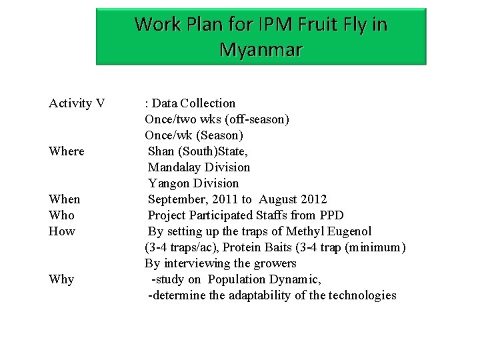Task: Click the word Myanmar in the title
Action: tap(261, 49)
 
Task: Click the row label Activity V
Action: tap(77, 103)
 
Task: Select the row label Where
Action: tap(67, 151)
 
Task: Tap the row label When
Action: tap(65, 199)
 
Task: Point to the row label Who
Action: tap(62, 215)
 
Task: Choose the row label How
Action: tap(62, 231)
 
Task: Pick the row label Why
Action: tap(61, 279)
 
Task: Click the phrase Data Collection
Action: tap(193, 103)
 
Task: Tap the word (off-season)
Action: tap(256, 119)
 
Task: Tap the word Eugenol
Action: tap(349, 231)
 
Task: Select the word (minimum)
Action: tap(372, 247)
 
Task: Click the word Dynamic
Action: tap(315, 279)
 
